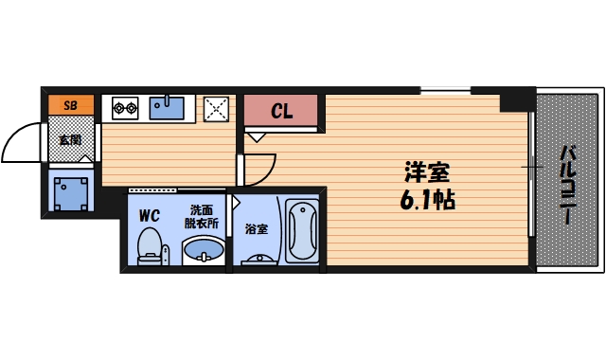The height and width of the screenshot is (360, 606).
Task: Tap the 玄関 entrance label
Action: (x=70, y=140)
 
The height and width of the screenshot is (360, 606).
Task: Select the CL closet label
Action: (x=282, y=111)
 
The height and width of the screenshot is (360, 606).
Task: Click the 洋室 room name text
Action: (x=426, y=174)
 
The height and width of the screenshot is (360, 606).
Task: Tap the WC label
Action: (x=149, y=215)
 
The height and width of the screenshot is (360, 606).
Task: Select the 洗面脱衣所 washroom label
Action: (x=202, y=216)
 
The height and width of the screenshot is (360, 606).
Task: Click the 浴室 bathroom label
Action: (x=256, y=228)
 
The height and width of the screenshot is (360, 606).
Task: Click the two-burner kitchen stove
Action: (x=126, y=108)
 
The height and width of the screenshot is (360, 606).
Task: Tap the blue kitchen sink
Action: (x=167, y=106)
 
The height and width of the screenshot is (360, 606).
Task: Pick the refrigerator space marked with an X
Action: (x=217, y=108)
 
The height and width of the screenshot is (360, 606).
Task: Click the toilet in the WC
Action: (x=150, y=247)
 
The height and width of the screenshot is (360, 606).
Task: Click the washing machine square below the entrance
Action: (x=70, y=193)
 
